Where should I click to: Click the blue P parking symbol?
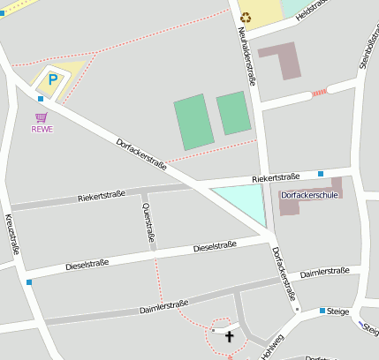[52, 79]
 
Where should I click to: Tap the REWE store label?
[42, 129]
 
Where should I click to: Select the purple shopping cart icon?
[42, 116]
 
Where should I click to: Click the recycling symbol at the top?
[246, 16]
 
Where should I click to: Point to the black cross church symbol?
[230, 336]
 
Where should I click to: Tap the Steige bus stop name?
[338, 311]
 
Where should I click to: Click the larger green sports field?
[193, 122]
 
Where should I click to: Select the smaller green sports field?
[233, 113]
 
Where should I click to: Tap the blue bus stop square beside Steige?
[322, 311]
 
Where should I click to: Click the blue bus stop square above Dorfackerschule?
[321, 174]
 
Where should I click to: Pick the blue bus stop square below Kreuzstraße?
[29, 282]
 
